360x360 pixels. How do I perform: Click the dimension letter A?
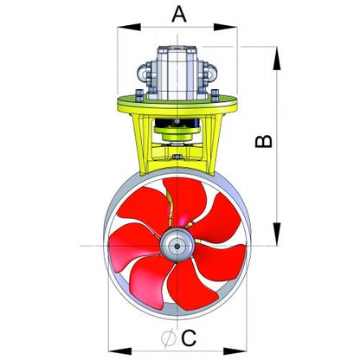pyautogui.click(x=179, y=14)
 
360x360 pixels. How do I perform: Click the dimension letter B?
pyautogui.click(x=264, y=141)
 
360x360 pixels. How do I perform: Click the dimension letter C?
pyautogui.click(x=189, y=337)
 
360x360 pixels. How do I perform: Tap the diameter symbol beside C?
pyautogui.click(x=169, y=337)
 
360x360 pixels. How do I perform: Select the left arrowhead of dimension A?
pyautogui.click(x=129, y=28)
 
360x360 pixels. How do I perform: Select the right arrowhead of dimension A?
pyautogui.click(x=225, y=28)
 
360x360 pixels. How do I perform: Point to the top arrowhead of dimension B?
pyautogui.click(x=277, y=58)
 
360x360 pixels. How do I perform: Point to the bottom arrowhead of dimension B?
pyautogui.click(x=277, y=234)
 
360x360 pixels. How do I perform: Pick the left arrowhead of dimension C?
pyautogui.click(x=119, y=351)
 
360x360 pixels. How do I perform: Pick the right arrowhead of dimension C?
pyautogui.click(x=235, y=351)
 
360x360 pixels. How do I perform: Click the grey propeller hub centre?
pyautogui.click(x=177, y=245)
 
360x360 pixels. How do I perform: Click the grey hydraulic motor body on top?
pyautogui.click(x=177, y=73)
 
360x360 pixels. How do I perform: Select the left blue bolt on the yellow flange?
pyautogui.click(x=139, y=95)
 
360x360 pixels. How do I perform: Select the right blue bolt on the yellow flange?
pyautogui.click(x=215, y=95)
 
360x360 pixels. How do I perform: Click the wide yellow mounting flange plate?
pyautogui.click(x=177, y=105)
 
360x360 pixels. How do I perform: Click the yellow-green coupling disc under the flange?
pyautogui.click(x=177, y=130)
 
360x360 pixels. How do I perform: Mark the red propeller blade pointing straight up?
pyautogui.click(x=184, y=199)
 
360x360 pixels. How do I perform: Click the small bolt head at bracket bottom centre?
pyautogui.click(x=177, y=157)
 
